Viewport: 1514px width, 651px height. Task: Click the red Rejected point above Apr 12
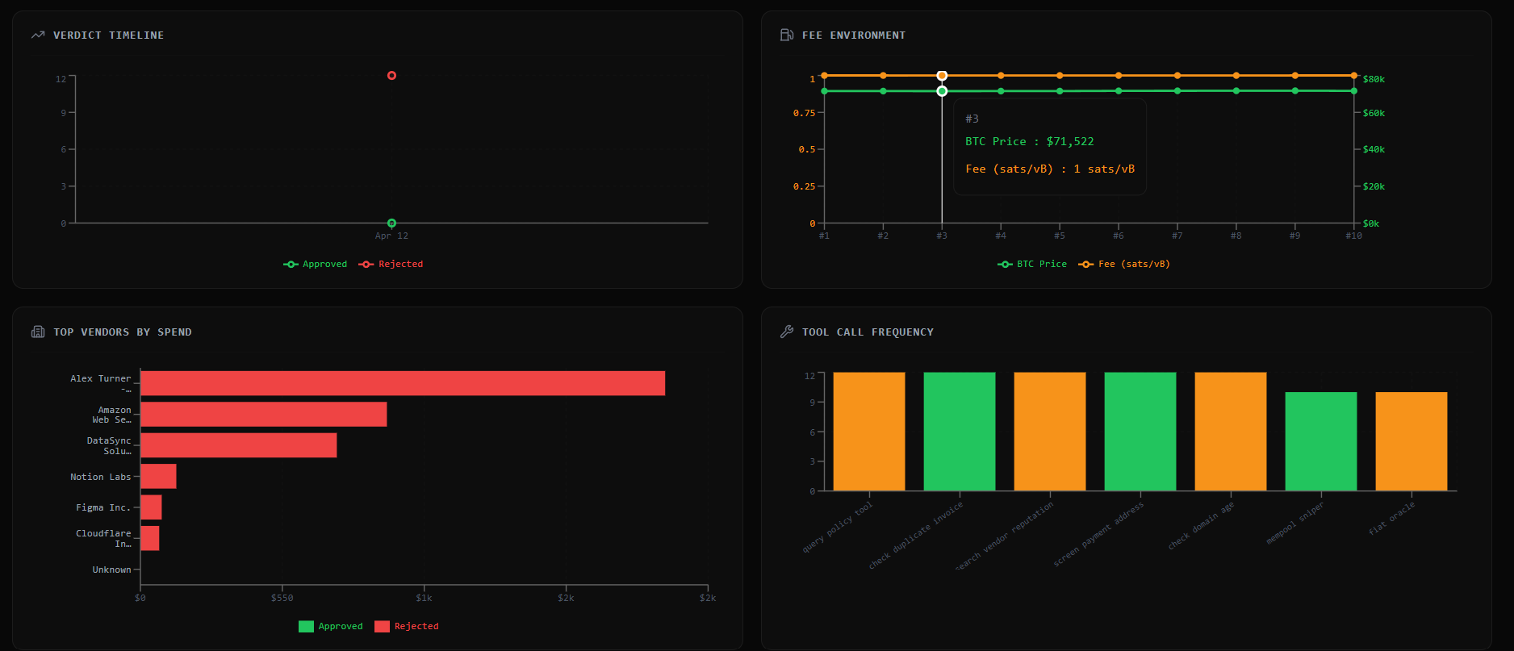[391, 76]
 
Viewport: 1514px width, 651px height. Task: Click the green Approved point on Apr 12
[391, 223]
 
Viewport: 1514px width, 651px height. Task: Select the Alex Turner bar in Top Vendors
[402, 383]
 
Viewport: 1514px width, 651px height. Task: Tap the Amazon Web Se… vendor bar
[263, 415]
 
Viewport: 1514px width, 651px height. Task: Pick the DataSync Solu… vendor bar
[238, 445]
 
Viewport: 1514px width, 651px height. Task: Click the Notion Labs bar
[158, 477]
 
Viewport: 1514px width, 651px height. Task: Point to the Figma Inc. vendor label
[102, 507]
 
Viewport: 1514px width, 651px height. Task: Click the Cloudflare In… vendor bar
[150, 538]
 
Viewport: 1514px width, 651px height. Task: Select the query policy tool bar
[868, 432]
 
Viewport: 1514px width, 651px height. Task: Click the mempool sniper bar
[1320, 441]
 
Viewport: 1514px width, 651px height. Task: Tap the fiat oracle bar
[1411, 441]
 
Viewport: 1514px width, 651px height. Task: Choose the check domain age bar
[1230, 432]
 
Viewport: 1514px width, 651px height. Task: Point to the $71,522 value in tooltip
[1070, 142]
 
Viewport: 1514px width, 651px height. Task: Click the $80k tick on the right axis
[1373, 79]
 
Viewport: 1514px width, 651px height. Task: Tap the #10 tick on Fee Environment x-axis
[1353, 236]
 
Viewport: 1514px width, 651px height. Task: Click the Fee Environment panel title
[853, 35]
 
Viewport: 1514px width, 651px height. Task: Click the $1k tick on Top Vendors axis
[424, 599]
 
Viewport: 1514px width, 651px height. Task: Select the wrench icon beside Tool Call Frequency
[787, 332]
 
